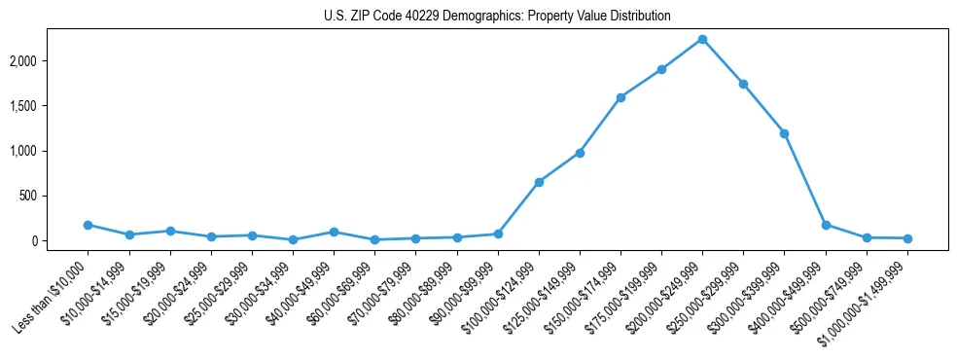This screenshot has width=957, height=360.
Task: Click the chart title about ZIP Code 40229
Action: (x=497, y=17)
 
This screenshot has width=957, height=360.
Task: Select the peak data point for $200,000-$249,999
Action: (x=702, y=39)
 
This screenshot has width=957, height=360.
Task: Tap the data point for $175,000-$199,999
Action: (x=661, y=69)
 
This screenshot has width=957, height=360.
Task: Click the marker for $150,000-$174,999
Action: (x=620, y=97)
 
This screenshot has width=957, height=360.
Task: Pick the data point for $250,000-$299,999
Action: (x=743, y=84)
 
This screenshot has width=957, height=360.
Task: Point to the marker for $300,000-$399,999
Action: (x=784, y=133)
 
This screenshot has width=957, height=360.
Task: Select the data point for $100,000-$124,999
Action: (x=539, y=182)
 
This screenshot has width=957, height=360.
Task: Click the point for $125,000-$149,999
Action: (x=580, y=153)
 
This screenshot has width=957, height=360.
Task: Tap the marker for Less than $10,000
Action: (x=88, y=225)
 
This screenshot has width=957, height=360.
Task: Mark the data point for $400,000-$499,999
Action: (x=826, y=225)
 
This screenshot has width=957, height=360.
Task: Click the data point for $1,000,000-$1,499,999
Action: (x=907, y=238)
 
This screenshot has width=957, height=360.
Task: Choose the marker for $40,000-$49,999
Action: (x=334, y=232)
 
